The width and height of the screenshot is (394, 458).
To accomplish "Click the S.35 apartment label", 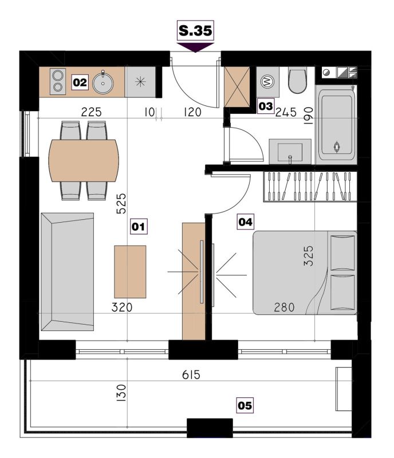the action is point(195,30).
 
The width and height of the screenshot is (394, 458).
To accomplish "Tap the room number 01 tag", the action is point(139,226).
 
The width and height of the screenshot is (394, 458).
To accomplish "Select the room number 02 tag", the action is point(80,82).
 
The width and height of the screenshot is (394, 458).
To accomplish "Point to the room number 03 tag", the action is point(265,106).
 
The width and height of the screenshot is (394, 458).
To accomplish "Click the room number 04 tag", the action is point(245,222).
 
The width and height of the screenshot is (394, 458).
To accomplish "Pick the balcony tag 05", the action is point(245,405).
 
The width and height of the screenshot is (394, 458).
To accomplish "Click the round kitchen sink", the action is point(103,83).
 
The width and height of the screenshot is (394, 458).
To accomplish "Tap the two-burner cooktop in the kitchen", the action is point(58,81).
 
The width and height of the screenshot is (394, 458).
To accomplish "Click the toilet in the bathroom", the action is point(298,80).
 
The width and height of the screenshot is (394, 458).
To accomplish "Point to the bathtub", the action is point(337,125).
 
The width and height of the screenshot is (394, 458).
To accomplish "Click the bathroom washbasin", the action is point(290,151).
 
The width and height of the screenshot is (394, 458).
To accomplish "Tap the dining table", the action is point(84,161).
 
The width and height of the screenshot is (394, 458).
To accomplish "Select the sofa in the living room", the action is point(68,271).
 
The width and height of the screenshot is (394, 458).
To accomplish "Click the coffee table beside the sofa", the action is point(130,271).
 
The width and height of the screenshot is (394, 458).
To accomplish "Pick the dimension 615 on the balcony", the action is point(191,375).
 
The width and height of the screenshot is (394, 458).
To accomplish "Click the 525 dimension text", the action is point(121,204).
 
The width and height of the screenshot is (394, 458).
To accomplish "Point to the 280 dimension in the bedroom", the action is point(284,307).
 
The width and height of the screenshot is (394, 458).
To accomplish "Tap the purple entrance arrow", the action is point(195,48).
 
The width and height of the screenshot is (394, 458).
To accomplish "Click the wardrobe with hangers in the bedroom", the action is point(310,187).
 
